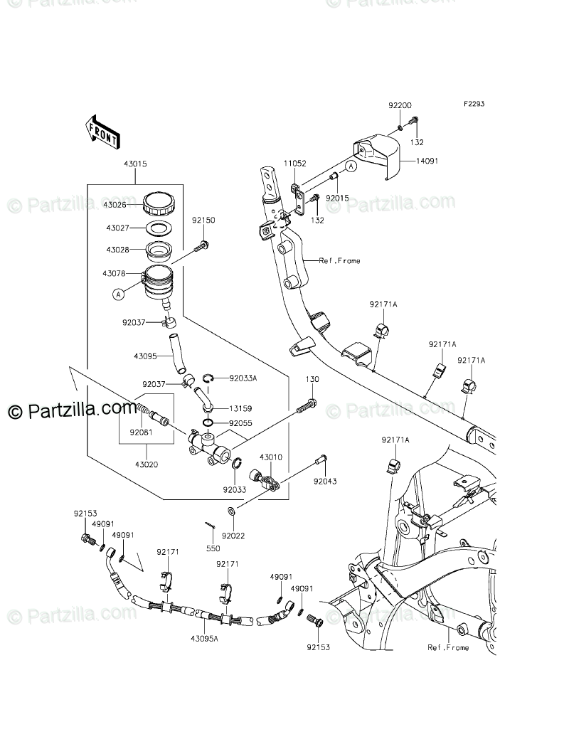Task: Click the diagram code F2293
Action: pos(474,104)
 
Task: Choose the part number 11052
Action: pos(295,164)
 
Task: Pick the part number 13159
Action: pos(240,409)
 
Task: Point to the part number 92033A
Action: pos(243,378)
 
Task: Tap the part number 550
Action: pos(213,548)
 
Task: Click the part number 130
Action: pos(312,380)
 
